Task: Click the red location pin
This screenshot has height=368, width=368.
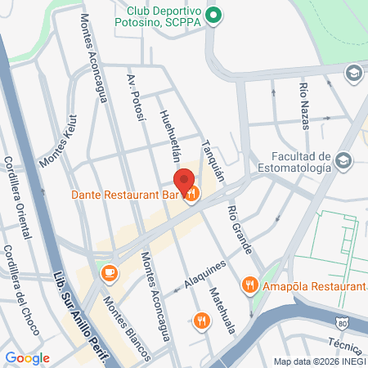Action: coord(184,181)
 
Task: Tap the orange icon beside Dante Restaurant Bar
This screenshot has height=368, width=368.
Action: coord(192,195)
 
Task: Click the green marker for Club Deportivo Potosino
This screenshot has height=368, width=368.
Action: coord(213,14)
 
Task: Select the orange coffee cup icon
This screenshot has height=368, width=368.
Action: coord(109,272)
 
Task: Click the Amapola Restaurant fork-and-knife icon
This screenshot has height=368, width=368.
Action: coord(250,285)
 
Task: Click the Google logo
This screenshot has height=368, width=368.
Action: coord(27,358)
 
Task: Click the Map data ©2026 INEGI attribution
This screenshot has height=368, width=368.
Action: coord(319,361)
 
